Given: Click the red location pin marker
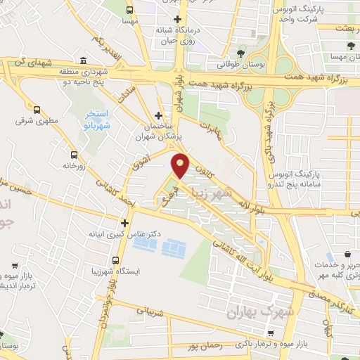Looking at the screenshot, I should [181, 165].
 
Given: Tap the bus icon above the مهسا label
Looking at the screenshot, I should [129, 10].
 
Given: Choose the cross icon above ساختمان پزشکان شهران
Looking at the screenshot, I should [159, 115].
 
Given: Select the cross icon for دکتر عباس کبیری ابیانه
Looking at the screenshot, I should [124, 223].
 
